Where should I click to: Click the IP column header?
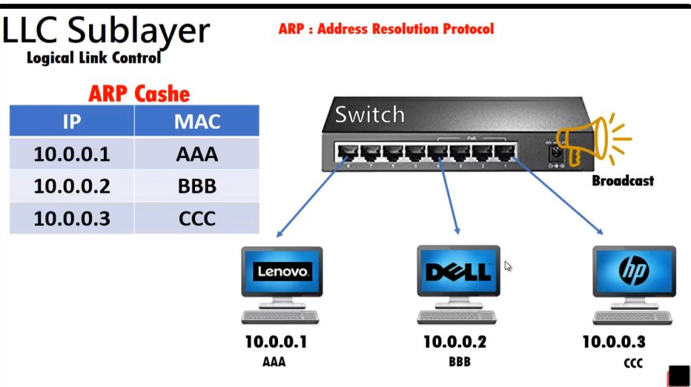pyautogui.click(x=72, y=122)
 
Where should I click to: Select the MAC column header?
pyautogui.click(x=197, y=122)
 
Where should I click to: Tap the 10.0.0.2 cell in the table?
pyautogui.click(x=72, y=186)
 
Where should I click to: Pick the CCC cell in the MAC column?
pyautogui.click(x=197, y=218)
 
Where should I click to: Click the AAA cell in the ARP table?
pyautogui.click(x=197, y=154)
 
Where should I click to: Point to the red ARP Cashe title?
pyautogui.click(x=139, y=94)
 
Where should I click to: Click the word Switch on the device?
pyautogui.click(x=369, y=114)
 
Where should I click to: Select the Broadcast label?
pyautogui.click(x=622, y=180)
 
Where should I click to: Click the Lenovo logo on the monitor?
pyautogui.click(x=282, y=272)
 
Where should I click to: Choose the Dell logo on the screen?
pyautogui.click(x=458, y=272)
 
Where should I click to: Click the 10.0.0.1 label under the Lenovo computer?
pyautogui.click(x=275, y=342)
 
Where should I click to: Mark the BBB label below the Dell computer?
pyautogui.click(x=459, y=362)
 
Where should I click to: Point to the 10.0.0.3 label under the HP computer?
pyautogui.click(x=613, y=342)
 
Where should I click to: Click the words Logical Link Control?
pyautogui.click(x=94, y=58)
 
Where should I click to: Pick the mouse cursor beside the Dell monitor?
pyautogui.click(x=507, y=266)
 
